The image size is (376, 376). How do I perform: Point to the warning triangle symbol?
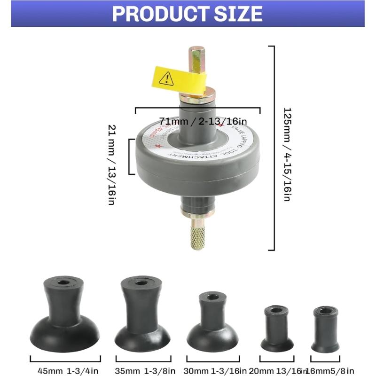(166, 78)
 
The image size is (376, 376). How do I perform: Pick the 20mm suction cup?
(277, 329)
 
